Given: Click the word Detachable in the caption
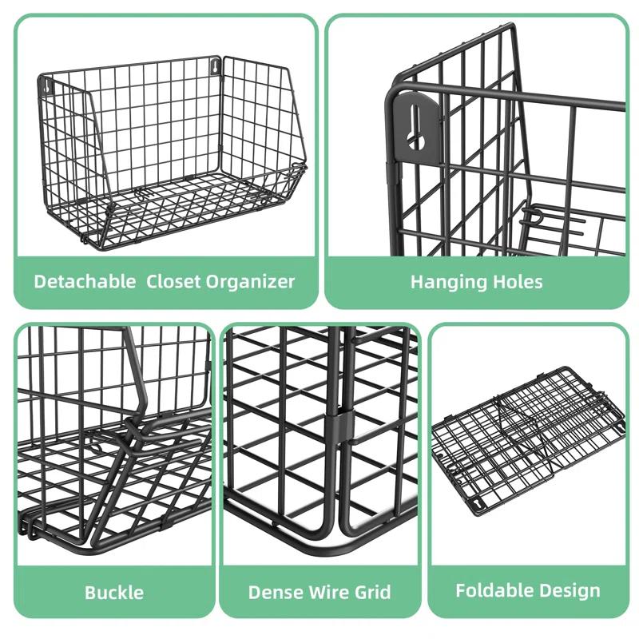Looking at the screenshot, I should [85, 281].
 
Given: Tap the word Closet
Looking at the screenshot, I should [173, 281].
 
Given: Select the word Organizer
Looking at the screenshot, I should [251, 281].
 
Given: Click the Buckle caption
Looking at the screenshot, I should [114, 592].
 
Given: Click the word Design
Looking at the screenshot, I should [570, 590].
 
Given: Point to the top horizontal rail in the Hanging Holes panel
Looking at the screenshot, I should [519, 95].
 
